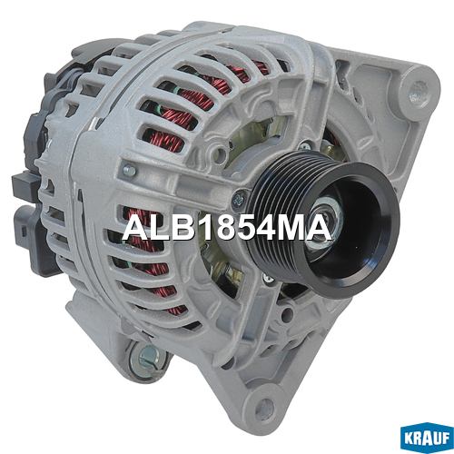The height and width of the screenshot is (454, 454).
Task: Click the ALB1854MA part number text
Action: [x=227, y=229]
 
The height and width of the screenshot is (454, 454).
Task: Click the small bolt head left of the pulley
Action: [x=129, y=171]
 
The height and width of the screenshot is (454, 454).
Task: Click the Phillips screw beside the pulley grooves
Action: [x=240, y=199]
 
